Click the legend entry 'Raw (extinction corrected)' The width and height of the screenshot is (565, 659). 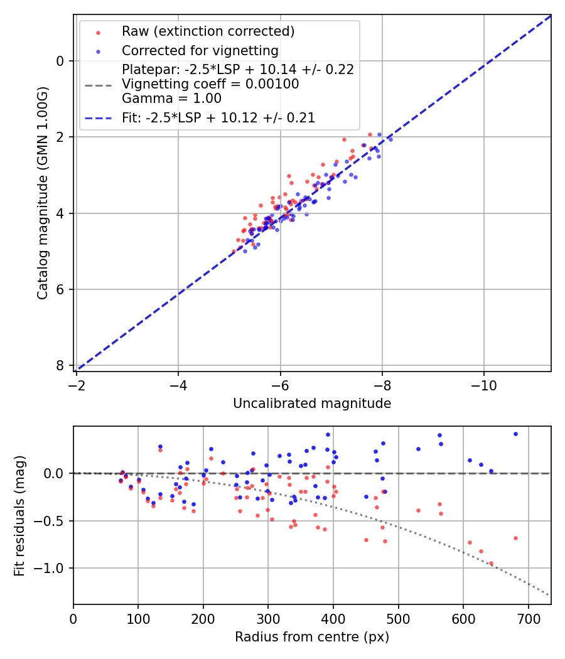pyautogui.click(x=208, y=32)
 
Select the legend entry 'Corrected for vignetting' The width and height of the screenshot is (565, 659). pyautogui.click(x=200, y=51)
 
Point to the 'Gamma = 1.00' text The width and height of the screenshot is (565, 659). pyautogui.click(x=171, y=98)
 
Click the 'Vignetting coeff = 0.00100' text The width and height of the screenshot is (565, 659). pyautogui.click(x=210, y=84)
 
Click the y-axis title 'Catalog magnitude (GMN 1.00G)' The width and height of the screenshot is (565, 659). pyautogui.click(x=42, y=195)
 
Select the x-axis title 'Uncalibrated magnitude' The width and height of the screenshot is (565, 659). pyautogui.click(x=312, y=404)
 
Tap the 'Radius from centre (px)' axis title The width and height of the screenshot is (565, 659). pyautogui.click(x=312, y=637)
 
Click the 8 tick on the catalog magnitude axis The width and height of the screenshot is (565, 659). pyautogui.click(x=60, y=365)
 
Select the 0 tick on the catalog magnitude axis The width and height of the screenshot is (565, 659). pyautogui.click(x=60, y=61)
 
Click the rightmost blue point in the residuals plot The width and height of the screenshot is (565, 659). pyautogui.click(x=515, y=434)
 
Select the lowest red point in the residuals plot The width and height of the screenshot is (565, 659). pyautogui.click(x=491, y=564)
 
